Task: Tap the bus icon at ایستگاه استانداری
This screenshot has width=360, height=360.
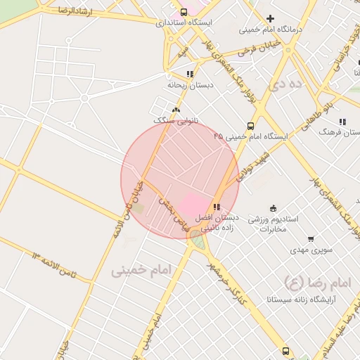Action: point(184,12)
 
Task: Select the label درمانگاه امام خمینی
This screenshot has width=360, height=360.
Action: point(270,30)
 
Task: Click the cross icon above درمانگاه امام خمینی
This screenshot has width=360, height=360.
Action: point(270,18)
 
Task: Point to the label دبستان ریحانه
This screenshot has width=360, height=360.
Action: point(189,84)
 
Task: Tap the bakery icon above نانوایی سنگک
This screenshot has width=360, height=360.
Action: point(175,110)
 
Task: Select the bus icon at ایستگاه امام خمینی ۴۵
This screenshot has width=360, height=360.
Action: point(250,122)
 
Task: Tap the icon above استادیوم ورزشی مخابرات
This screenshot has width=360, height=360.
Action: point(274,207)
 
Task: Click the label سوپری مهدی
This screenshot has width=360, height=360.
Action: point(311,250)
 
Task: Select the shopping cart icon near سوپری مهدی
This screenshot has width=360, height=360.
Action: point(311,239)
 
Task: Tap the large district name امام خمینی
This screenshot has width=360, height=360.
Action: point(141,271)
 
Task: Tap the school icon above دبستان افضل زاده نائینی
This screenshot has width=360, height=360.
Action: point(217,207)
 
